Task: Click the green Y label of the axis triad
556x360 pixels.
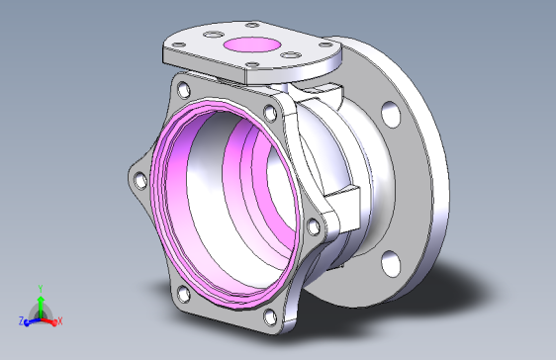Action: (41, 289)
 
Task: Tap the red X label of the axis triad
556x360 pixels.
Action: (60, 321)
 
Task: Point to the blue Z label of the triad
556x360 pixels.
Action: (21, 321)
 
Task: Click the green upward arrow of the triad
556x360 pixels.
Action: (41, 308)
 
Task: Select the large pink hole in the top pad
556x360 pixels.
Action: (252, 45)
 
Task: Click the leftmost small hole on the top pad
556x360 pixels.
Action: (178, 45)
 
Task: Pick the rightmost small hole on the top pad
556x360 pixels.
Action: (325, 45)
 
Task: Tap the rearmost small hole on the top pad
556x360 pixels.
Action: (252, 25)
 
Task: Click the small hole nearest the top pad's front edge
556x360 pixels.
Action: (252, 64)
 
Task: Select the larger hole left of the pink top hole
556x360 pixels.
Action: (214, 35)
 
